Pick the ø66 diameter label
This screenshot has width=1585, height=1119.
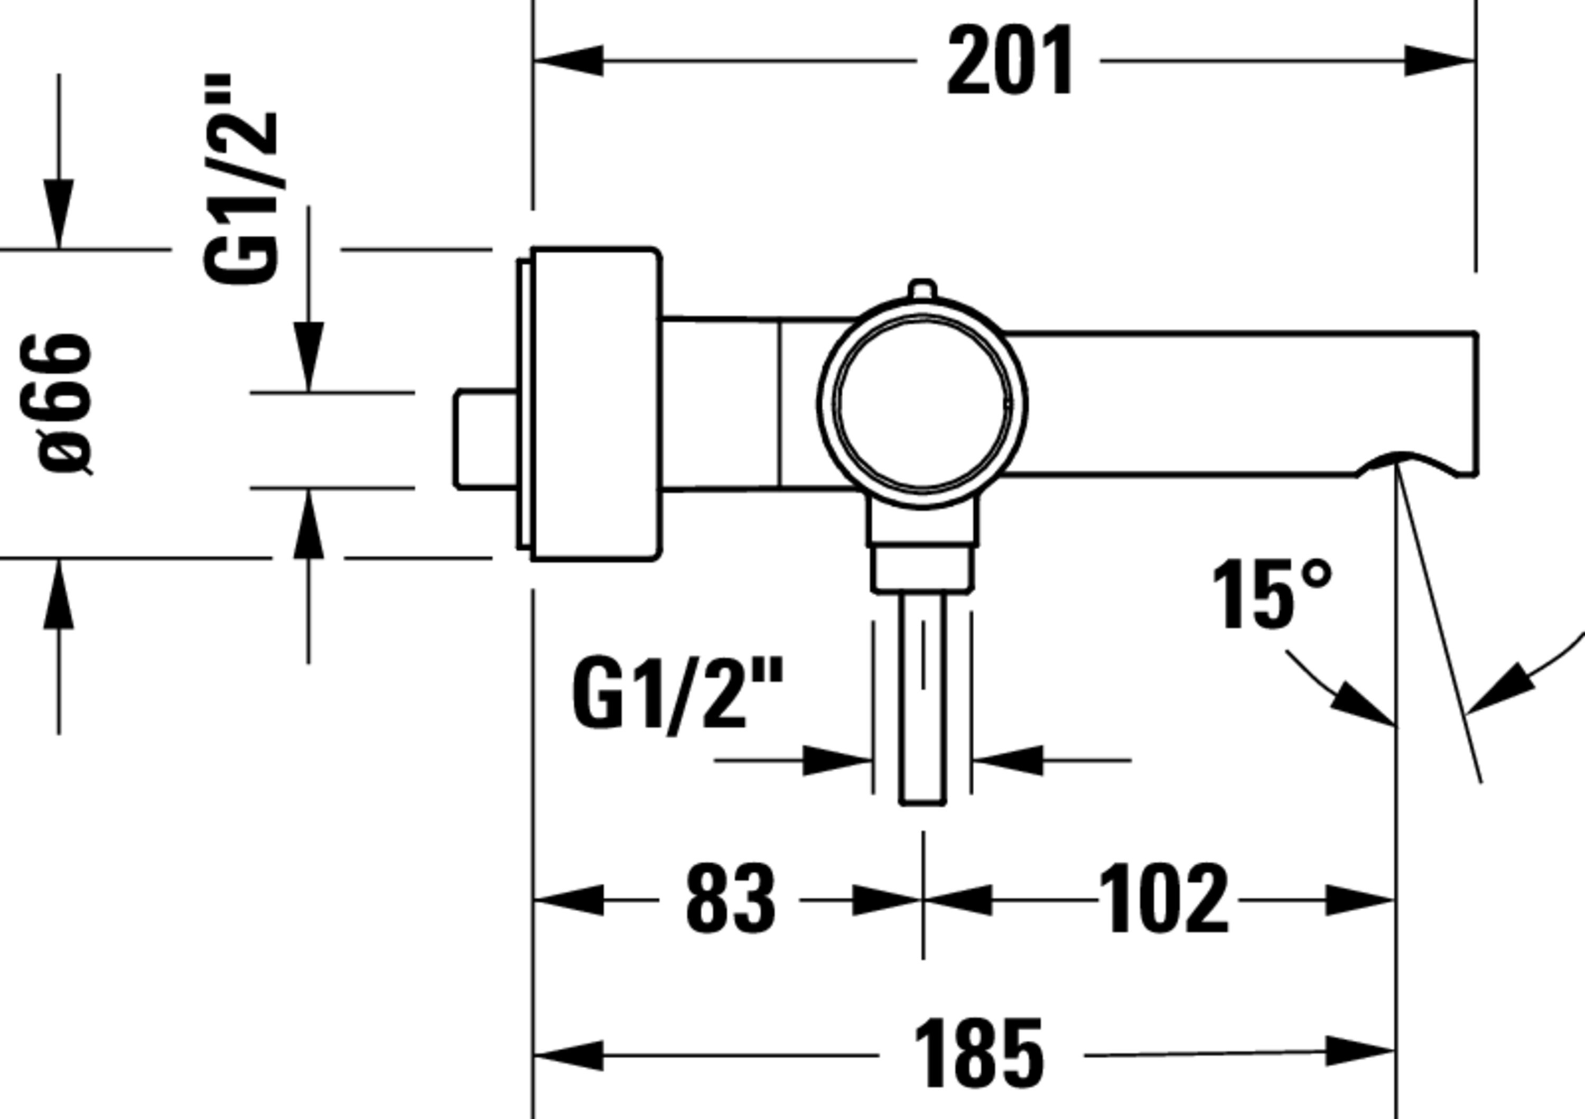(x=63, y=404)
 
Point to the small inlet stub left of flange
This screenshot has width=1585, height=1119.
(x=486, y=439)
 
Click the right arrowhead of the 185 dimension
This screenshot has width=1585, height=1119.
(x=1360, y=1052)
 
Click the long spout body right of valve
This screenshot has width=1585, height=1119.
(x=1243, y=403)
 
